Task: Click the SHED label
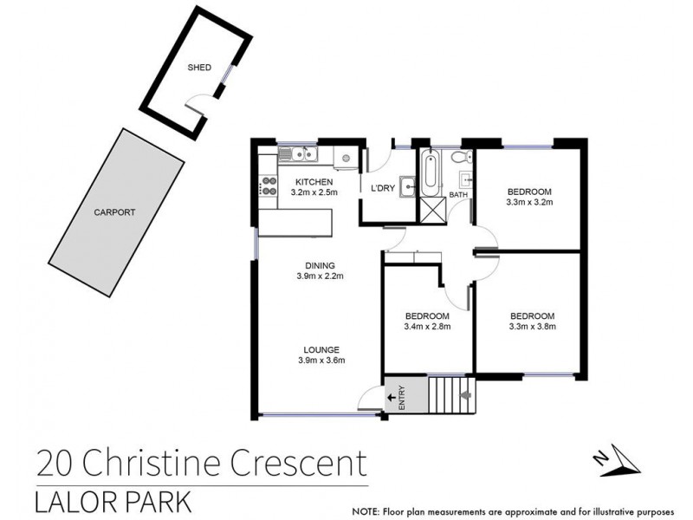(x=199, y=67)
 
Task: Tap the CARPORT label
(x=115, y=211)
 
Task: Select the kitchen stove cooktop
(x=267, y=185)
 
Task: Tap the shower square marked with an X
(x=431, y=209)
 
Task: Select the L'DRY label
(x=383, y=189)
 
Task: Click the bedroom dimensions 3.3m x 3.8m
(x=532, y=327)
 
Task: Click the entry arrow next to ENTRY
(x=392, y=397)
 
